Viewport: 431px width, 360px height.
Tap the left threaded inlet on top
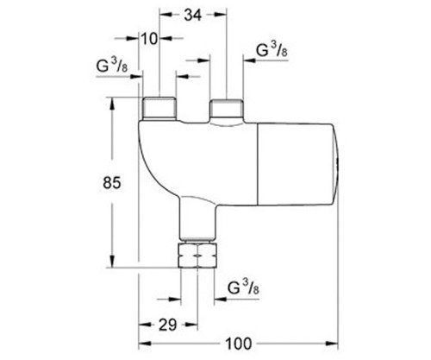(x=158, y=108)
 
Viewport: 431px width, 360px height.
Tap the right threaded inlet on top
(x=227, y=111)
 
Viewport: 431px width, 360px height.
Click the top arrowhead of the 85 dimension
(x=112, y=101)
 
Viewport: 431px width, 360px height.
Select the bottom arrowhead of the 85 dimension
(x=112, y=264)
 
